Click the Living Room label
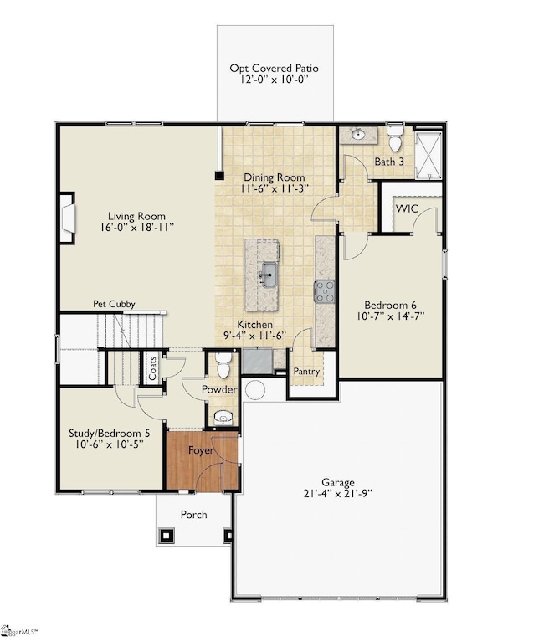coord(136,216)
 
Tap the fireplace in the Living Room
coord(68,218)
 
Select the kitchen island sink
coord(269,275)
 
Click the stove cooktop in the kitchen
coord(325,291)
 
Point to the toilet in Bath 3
coord(395,138)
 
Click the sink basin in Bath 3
coord(358,134)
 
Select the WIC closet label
coord(407,208)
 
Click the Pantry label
coord(306,372)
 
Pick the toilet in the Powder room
coord(223,365)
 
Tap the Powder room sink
coord(223,418)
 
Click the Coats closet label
coord(153,368)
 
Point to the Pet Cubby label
coord(114,304)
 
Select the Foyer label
coord(201,450)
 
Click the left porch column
coord(167,535)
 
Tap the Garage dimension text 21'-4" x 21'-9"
coord(338,493)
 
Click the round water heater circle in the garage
coord(255,390)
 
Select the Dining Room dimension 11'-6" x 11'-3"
coord(275,188)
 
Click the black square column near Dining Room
coord(219,176)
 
